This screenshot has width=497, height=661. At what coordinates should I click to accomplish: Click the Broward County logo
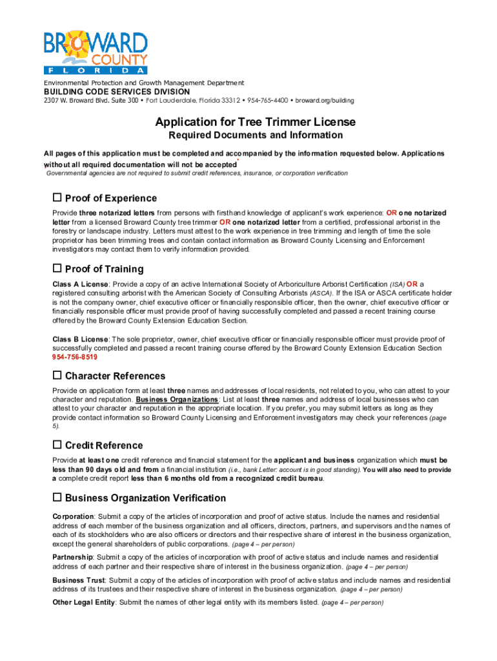pyautogui.click(x=96, y=52)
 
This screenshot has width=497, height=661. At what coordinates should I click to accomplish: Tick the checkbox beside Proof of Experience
pyautogui.click(x=57, y=198)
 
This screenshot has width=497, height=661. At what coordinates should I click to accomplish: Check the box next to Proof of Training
pyautogui.click(x=57, y=268)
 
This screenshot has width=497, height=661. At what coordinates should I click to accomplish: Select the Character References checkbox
pyautogui.click(x=57, y=375)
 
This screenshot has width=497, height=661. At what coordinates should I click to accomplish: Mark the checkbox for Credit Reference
pyautogui.click(x=57, y=445)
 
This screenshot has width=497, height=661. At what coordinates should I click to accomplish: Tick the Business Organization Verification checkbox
pyautogui.click(x=57, y=498)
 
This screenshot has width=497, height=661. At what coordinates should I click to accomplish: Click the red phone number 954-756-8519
pyautogui.click(x=75, y=357)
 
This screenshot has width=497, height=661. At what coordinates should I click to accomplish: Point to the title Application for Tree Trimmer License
pyautogui.click(x=255, y=122)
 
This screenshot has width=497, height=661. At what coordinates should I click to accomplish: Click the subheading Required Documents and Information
pyautogui.click(x=256, y=136)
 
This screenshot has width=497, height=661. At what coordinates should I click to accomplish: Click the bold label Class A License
pyautogui.click(x=80, y=284)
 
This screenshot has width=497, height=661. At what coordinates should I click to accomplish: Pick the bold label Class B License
pyautogui.click(x=80, y=339)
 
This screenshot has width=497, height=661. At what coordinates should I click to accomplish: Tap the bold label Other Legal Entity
pyautogui.click(x=84, y=603)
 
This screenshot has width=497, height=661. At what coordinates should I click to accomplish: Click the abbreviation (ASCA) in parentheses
pyautogui.click(x=320, y=293)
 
